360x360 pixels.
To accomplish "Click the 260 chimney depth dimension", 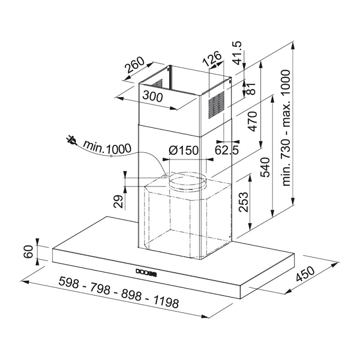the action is tap(135, 64).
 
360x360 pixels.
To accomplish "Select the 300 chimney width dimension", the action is tap(153, 96).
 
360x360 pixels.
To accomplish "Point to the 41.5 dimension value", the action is tap(238, 53).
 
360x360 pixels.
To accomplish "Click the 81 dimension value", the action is tap(252, 88).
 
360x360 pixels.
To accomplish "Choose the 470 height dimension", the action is tap(252, 121).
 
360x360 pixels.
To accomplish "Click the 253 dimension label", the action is tap(243, 202).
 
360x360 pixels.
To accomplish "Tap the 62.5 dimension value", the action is tap(227, 150).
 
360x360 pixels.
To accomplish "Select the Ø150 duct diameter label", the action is tap(183, 150).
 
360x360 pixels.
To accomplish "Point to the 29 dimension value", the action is tap(118, 201).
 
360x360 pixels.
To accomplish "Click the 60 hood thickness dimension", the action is tap(29, 252).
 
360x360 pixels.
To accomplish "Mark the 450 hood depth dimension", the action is tap(306, 274).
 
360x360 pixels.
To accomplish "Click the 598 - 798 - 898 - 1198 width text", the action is tap(119, 292).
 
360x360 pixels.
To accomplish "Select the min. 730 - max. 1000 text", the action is tap(286, 128).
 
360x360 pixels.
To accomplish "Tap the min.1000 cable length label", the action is tap(107, 147).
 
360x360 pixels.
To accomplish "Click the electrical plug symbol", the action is tap(71, 140).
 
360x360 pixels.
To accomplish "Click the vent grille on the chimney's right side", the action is tap(216, 105).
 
